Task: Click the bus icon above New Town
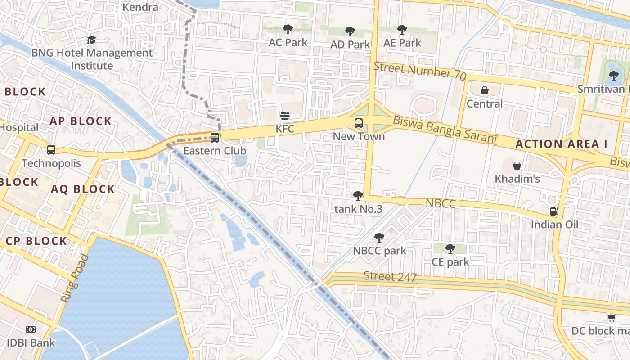click(x=359, y=123)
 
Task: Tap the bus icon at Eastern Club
click(x=215, y=138)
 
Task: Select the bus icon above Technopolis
click(x=51, y=150)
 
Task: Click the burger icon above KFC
click(x=284, y=116)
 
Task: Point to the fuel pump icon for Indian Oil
click(x=554, y=211)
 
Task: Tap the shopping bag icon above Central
click(x=485, y=91)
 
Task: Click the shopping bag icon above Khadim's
click(x=517, y=166)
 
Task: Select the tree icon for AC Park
click(x=288, y=30)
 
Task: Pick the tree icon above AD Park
click(x=350, y=31)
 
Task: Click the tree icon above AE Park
click(x=402, y=30)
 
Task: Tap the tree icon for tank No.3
click(x=358, y=196)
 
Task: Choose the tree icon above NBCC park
click(x=379, y=238)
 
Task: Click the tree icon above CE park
click(x=450, y=249)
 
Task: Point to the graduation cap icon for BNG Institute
click(x=92, y=40)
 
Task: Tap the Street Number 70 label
click(x=419, y=71)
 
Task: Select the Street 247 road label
click(x=390, y=276)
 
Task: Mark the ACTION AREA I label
click(x=561, y=144)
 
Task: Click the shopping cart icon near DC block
click(x=612, y=318)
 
